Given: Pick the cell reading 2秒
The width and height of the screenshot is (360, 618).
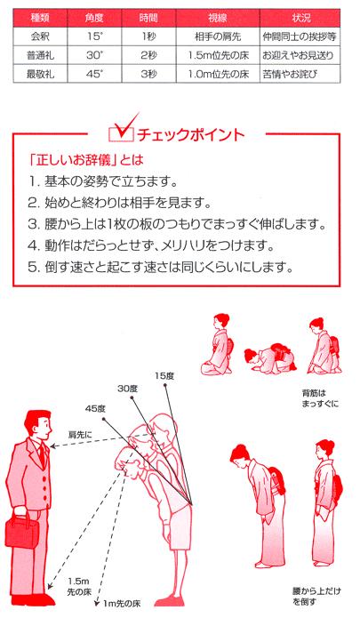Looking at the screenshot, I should (148, 53).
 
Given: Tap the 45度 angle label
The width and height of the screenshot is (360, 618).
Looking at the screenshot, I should (95, 408).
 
